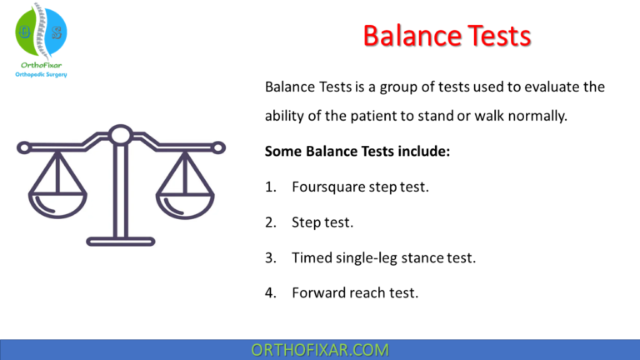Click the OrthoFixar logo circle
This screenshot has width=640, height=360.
pyautogui.click(x=41, y=32)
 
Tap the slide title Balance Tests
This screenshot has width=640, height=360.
pyautogui.click(x=446, y=36)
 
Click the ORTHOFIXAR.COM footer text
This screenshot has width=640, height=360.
pyautogui.click(x=320, y=349)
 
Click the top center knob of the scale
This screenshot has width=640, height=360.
pyautogui.click(x=121, y=133)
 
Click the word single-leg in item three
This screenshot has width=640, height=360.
pyautogui.click(x=362, y=258)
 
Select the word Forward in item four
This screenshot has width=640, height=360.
pyautogui.click(x=317, y=293)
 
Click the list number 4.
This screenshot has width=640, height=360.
pyautogui.click(x=270, y=293)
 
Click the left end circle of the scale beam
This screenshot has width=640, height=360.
pyautogui.click(x=23, y=147)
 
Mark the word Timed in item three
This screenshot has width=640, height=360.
pyautogui.click(x=310, y=258)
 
